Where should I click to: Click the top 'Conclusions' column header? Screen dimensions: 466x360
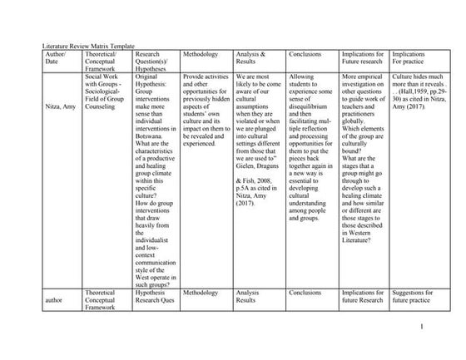(305, 54)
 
